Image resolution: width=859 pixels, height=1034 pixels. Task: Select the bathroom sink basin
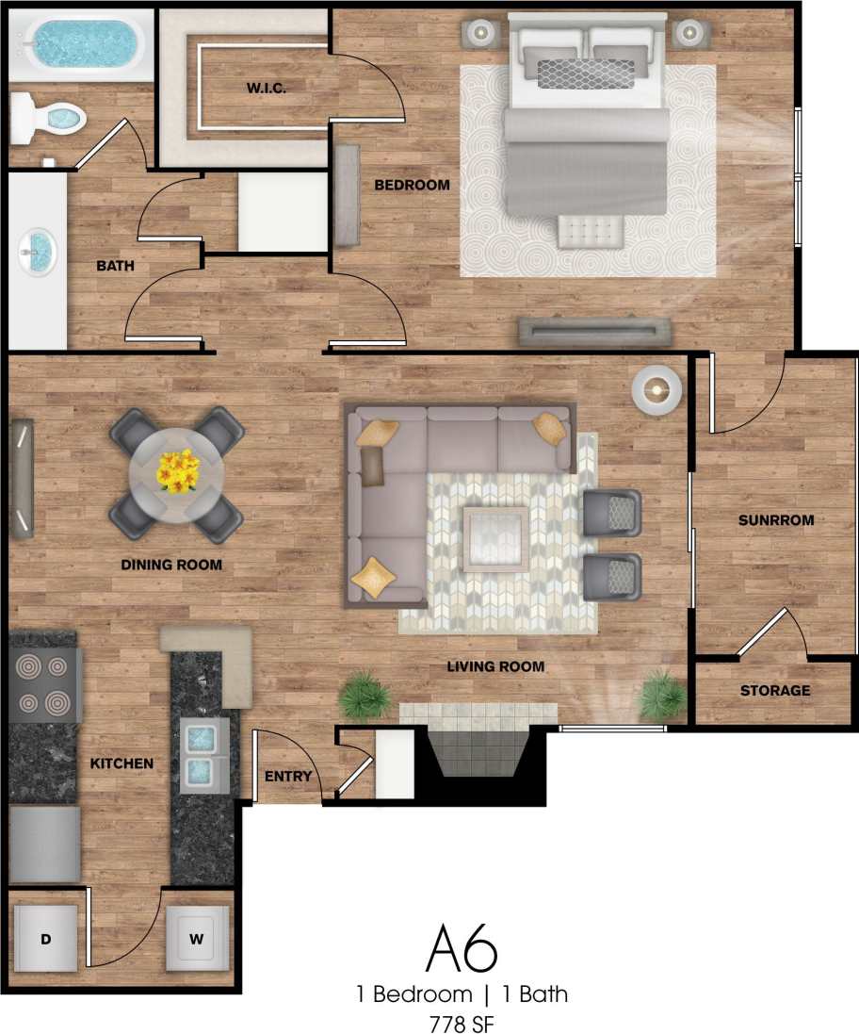(x=38, y=253)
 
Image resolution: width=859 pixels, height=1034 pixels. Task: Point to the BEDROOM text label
(x=412, y=185)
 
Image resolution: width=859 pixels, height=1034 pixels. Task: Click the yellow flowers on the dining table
(x=178, y=470)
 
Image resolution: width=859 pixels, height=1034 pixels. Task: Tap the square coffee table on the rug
(x=495, y=538)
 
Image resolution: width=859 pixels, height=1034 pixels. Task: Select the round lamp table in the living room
(x=656, y=387)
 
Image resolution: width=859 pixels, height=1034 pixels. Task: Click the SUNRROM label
(x=775, y=520)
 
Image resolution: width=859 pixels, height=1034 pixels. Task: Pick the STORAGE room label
(x=774, y=691)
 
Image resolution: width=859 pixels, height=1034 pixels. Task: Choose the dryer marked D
(x=44, y=939)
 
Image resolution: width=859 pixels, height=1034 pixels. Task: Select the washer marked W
(x=197, y=939)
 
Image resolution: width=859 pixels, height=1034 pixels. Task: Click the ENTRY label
(x=287, y=776)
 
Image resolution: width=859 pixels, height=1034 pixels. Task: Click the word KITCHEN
(x=122, y=763)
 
